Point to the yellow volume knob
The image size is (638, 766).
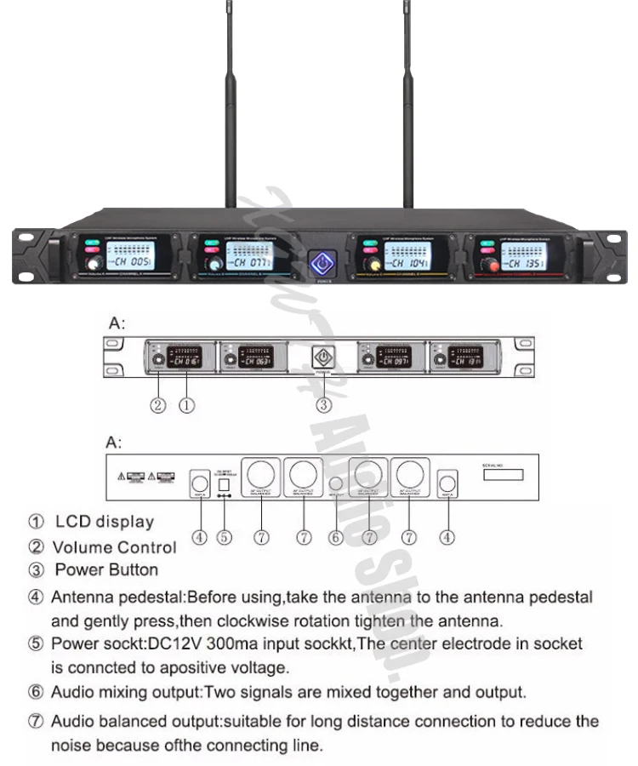(x=372, y=266)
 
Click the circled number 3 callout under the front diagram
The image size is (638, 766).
(x=323, y=405)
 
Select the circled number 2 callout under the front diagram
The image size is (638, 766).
(x=158, y=405)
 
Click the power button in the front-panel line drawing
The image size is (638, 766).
(x=323, y=357)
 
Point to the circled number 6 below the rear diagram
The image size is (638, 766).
(x=337, y=537)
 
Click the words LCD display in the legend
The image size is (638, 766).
(x=105, y=522)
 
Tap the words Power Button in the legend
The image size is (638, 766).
(x=106, y=569)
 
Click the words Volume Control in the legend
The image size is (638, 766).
(x=115, y=547)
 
